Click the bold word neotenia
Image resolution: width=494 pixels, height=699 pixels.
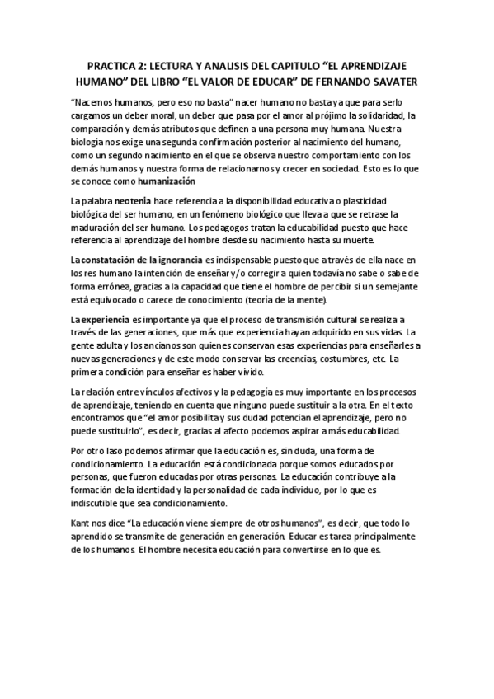pyautogui.click(x=132, y=202)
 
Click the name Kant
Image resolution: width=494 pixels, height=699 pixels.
pyautogui.click(x=81, y=523)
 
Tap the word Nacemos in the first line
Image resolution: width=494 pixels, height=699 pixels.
pyautogui.click(x=98, y=100)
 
